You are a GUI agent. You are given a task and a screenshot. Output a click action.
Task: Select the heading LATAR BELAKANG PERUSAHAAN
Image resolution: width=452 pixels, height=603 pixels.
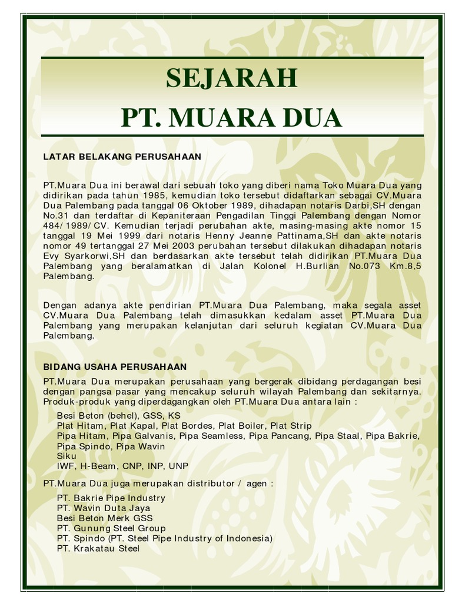[122, 157]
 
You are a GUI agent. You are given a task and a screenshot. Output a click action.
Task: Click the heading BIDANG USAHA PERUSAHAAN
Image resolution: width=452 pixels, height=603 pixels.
[115, 367]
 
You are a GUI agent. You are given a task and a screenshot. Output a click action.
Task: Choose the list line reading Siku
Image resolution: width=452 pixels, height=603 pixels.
[67, 456]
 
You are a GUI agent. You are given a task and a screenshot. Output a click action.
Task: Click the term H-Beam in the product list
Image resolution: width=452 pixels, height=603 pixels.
[99, 466]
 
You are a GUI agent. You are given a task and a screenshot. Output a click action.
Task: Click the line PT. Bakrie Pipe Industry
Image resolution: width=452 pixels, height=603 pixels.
[111, 498]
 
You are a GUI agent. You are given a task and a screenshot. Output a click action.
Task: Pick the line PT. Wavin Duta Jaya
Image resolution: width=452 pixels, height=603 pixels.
[104, 508]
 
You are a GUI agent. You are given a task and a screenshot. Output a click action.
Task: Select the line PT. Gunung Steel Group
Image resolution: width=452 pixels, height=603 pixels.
[112, 528]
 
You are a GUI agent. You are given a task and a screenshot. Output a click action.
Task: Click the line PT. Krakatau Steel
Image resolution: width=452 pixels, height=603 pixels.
[98, 548]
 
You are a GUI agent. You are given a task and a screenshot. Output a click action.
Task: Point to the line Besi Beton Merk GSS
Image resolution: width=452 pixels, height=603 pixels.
[105, 518]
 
